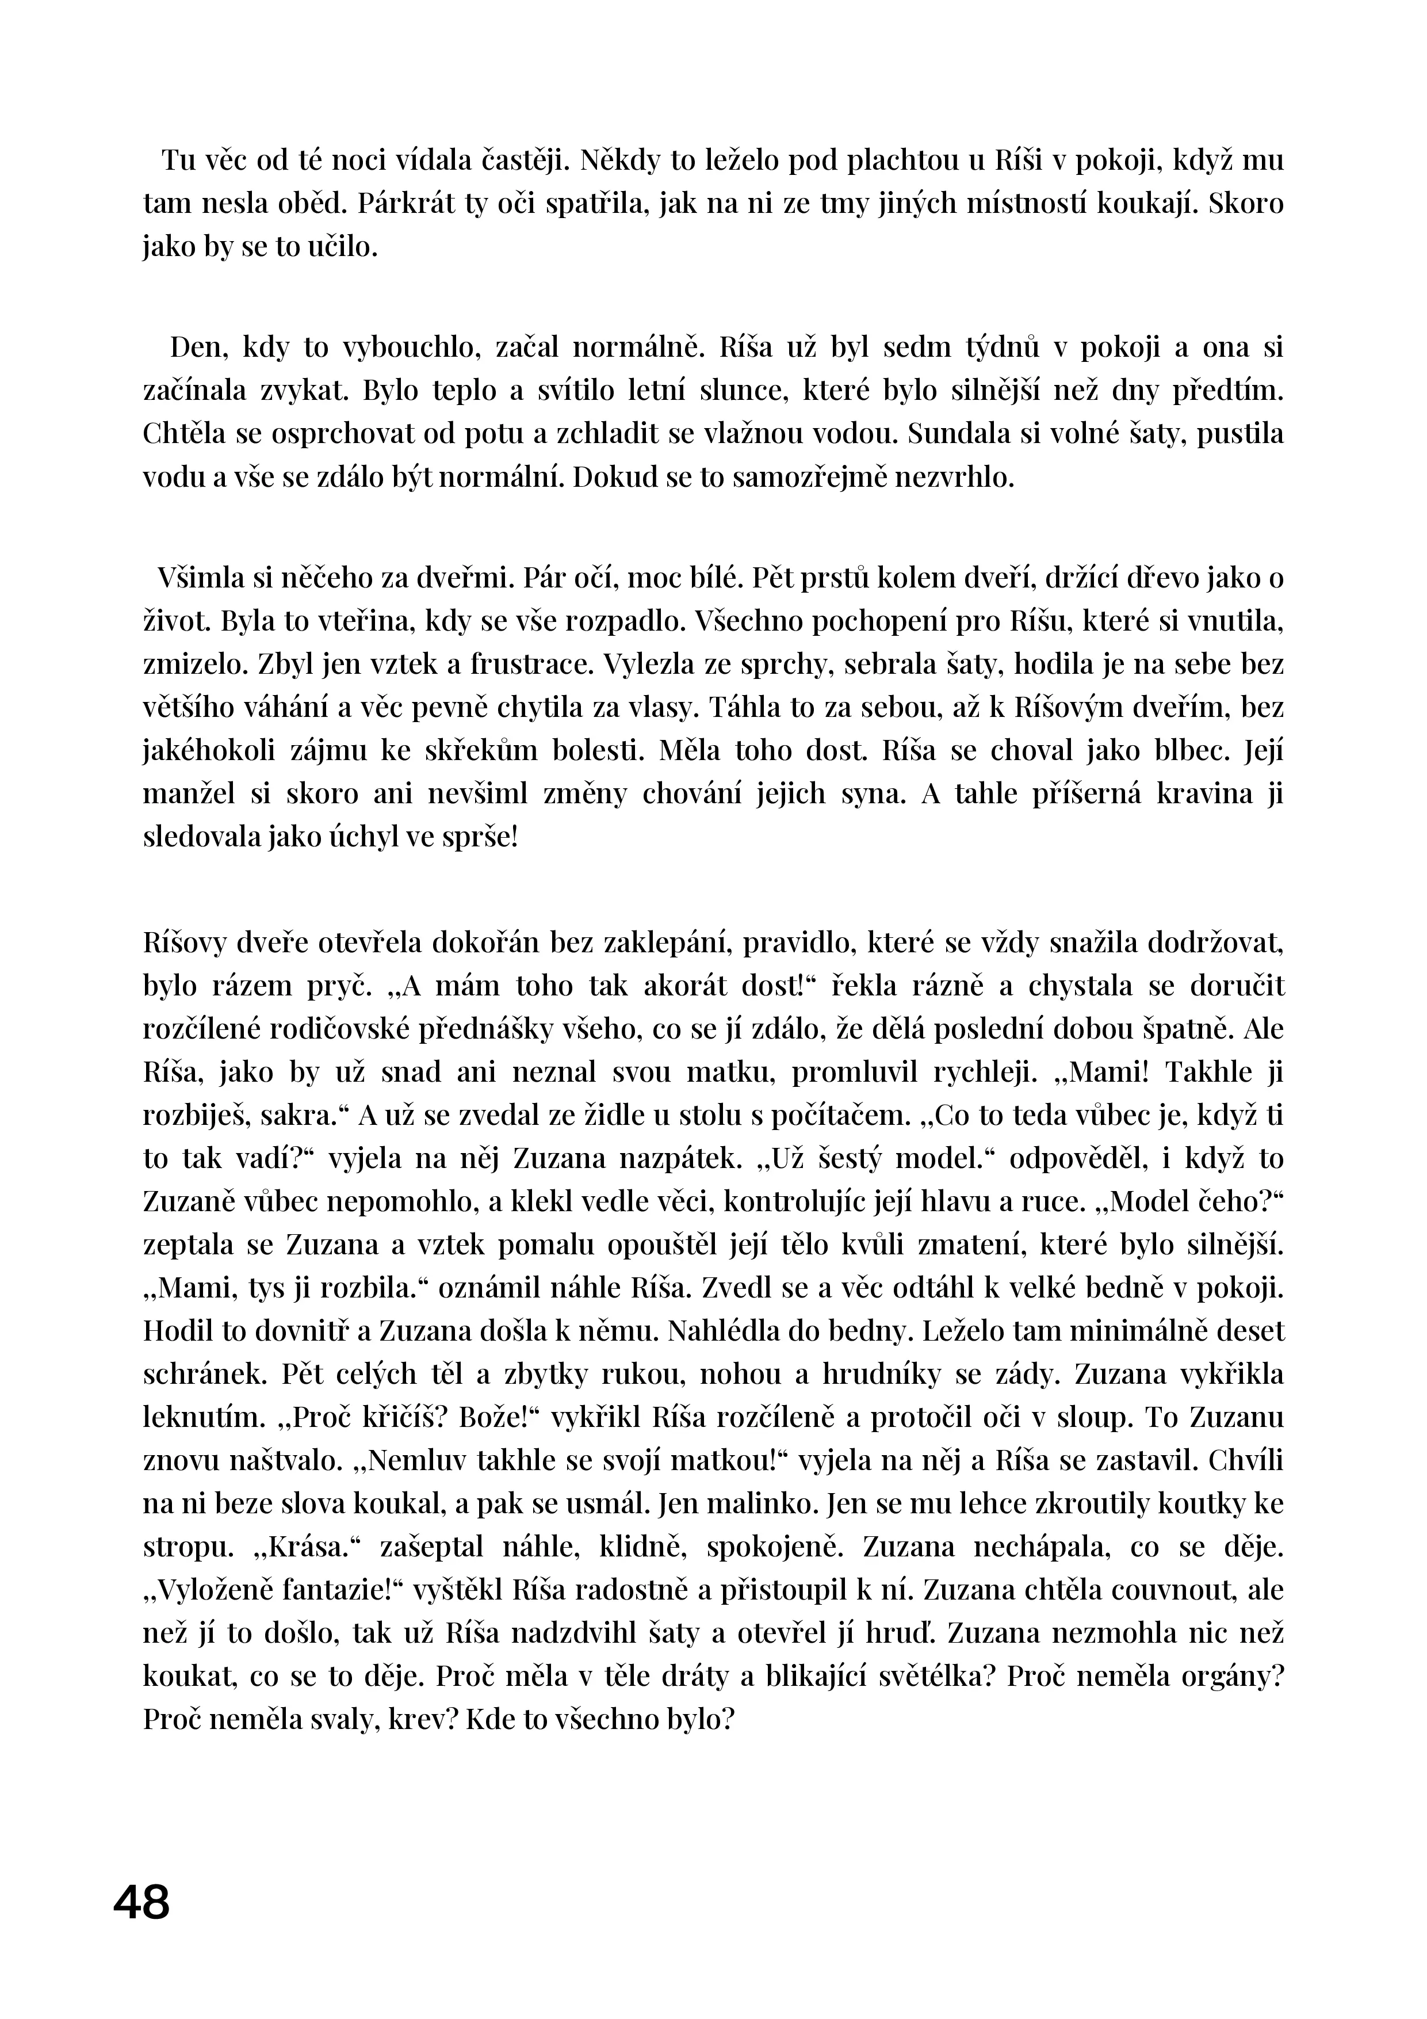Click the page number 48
click(141, 1903)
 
